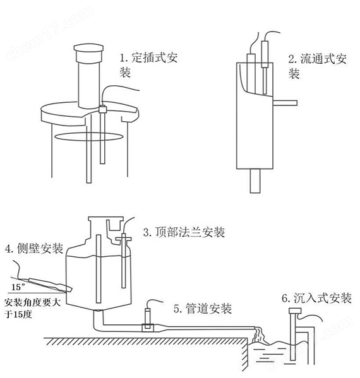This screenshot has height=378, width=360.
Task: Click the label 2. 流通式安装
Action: (x=315, y=66)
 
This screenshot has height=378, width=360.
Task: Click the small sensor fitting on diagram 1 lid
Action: (x=101, y=109)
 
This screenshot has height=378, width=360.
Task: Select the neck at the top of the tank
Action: (x=104, y=224)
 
